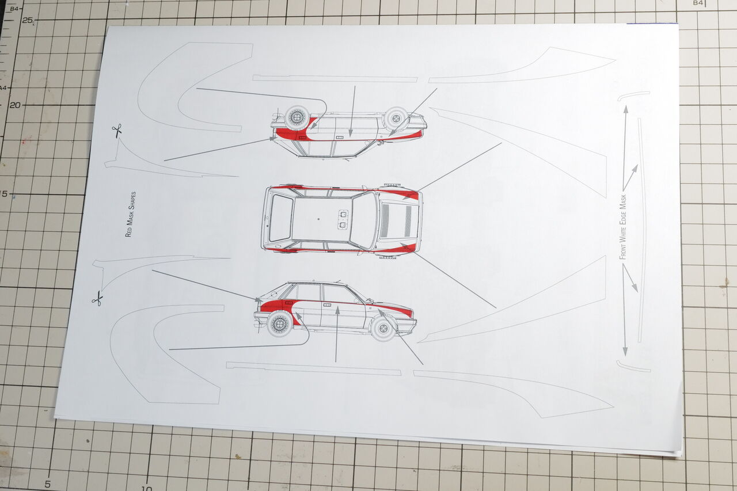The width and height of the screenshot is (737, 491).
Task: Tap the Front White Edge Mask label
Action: [622, 227]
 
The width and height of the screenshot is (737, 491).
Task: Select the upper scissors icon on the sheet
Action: [117, 131]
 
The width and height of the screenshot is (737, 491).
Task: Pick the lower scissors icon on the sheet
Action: [97, 298]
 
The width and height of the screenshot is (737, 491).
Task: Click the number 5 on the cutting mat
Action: [47, 484]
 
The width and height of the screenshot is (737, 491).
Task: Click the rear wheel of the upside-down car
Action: [297, 118]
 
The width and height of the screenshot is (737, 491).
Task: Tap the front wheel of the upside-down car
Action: [396, 118]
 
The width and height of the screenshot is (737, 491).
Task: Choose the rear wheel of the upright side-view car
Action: [280, 323]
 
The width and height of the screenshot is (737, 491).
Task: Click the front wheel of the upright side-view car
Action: [382, 328]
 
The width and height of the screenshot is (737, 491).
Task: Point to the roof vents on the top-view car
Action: [343, 219]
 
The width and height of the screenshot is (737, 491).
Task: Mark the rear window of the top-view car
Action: [280, 218]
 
